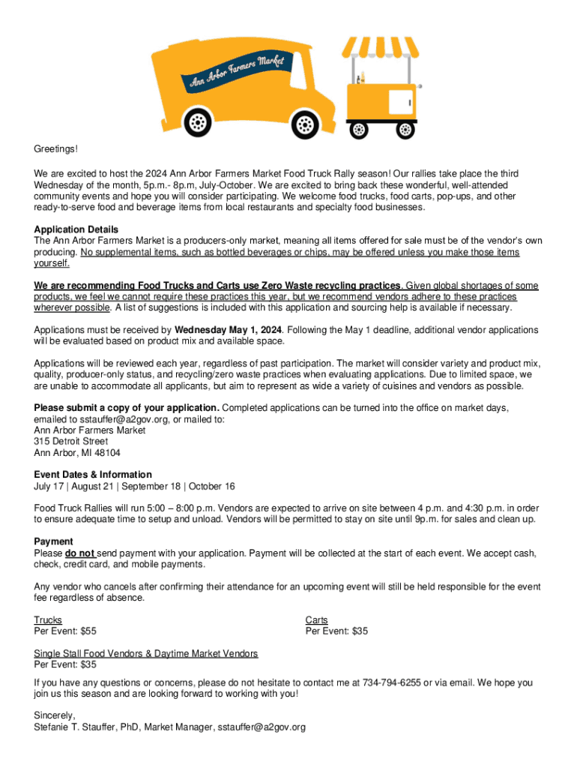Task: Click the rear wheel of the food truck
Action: click(197, 121)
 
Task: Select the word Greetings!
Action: click(55, 150)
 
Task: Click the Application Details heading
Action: click(76, 229)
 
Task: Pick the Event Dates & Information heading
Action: click(93, 475)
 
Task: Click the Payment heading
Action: click(53, 541)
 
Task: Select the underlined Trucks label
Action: click(48, 620)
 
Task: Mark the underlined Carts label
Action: click(317, 620)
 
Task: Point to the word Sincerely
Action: click(55, 715)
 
